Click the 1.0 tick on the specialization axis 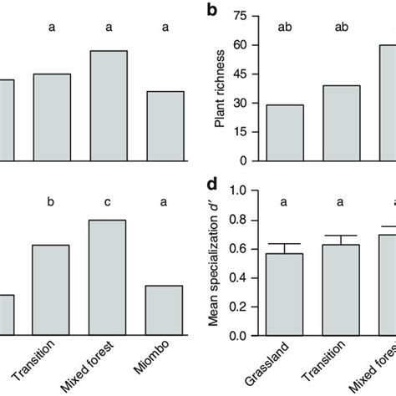(x=240, y=191)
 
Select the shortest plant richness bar (x=285, y=133)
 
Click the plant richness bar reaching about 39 (x=342, y=123)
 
